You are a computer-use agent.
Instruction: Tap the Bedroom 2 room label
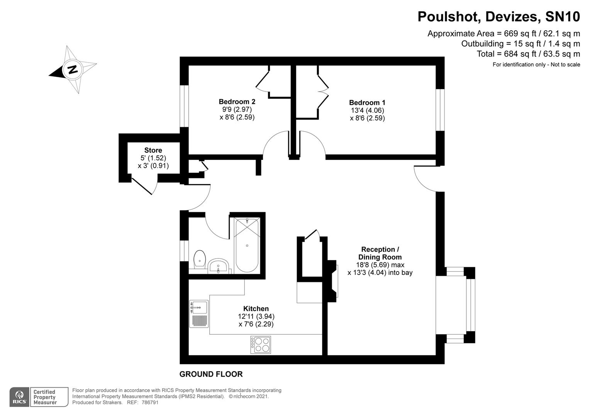click(x=237, y=102)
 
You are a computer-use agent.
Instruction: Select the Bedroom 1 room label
click(x=367, y=103)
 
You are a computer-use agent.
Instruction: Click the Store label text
click(x=153, y=150)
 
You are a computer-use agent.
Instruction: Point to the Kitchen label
click(x=256, y=309)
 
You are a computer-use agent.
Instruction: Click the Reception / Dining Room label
click(x=380, y=253)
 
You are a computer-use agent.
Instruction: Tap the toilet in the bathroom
click(x=199, y=258)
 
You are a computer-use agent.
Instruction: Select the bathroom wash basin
click(x=218, y=266)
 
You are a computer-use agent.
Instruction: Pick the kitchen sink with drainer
click(x=198, y=314)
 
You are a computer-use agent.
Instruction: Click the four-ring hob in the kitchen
click(x=261, y=345)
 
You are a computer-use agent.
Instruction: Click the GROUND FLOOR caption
click(x=211, y=374)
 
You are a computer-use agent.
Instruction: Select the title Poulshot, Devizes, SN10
click(x=498, y=17)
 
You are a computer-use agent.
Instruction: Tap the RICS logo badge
click(x=19, y=397)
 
